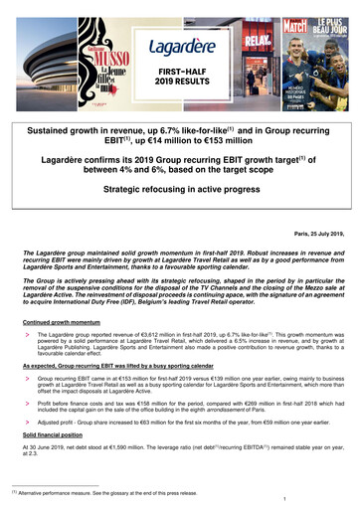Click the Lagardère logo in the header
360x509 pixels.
(x=180, y=46)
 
